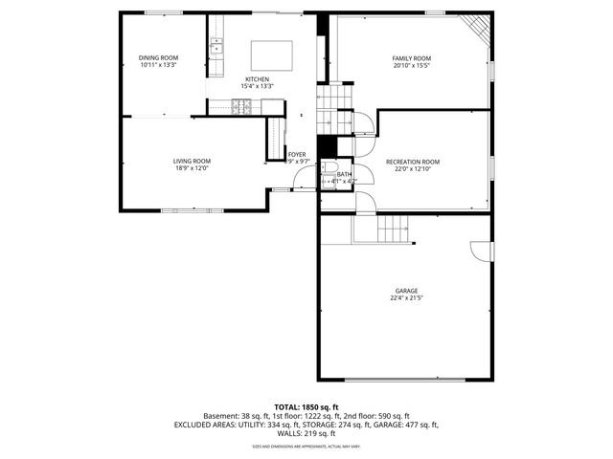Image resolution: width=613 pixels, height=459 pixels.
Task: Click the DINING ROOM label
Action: [158, 57]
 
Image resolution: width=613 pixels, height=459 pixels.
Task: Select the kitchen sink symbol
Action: [217, 45]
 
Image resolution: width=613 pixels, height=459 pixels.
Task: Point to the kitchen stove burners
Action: [239, 106]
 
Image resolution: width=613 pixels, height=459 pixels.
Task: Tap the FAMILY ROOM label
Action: [411, 58]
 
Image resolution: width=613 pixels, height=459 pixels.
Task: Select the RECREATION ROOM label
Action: [412, 162]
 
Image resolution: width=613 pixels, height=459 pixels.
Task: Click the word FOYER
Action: [297, 154]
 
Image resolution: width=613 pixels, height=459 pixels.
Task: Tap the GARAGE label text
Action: [407, 291]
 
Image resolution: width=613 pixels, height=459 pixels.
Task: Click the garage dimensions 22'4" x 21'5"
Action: [407, 298]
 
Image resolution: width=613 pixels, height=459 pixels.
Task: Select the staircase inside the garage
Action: [393, 229]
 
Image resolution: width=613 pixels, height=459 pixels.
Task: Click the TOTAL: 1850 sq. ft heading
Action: [306, 407]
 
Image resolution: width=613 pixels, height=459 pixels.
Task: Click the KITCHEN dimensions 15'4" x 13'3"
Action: [257, 86]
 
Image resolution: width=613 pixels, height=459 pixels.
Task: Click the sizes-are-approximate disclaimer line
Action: [306, 446]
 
